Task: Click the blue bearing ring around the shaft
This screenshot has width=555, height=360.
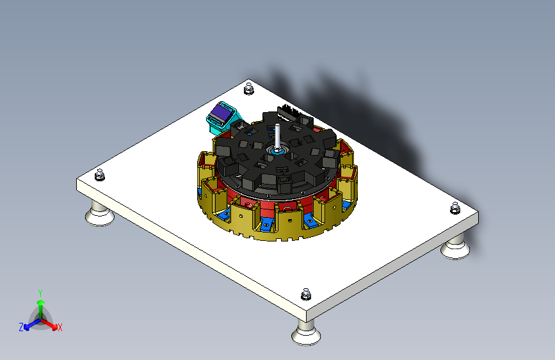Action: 278,152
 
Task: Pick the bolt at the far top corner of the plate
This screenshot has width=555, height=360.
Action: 248,89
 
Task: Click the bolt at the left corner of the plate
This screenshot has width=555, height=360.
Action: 99,174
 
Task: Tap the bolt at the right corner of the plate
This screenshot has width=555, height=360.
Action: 455,208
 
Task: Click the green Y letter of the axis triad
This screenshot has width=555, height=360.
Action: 40,292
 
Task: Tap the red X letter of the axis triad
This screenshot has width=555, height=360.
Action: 60,328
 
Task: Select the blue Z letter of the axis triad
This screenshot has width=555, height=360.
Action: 21,327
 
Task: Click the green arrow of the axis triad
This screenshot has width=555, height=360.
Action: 40,306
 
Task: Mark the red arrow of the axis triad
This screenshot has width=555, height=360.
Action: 52,323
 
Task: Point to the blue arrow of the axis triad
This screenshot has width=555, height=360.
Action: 29,323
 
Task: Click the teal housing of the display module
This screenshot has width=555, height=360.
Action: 213,121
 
